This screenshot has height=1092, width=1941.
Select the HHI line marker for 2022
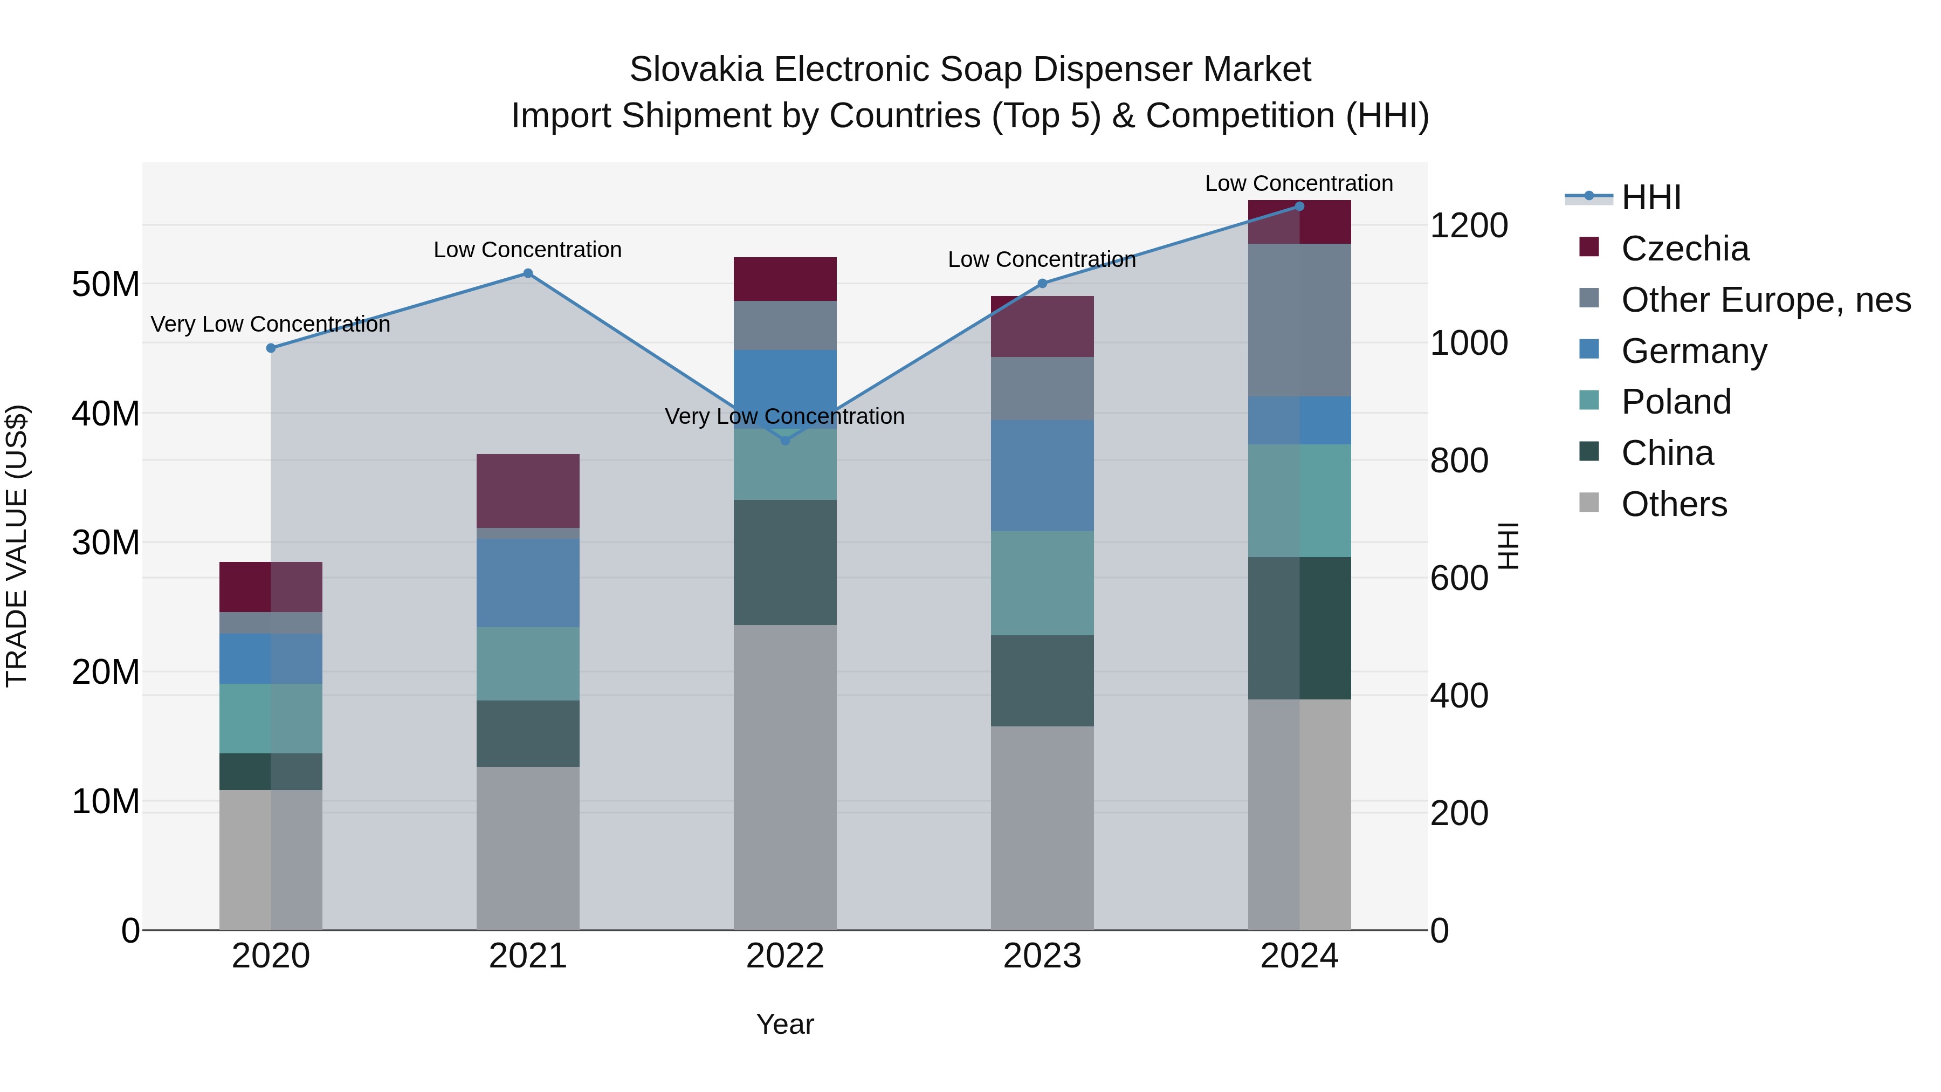(785, 440)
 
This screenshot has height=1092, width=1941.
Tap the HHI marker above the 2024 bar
(1299, 207)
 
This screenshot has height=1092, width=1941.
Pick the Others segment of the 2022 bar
(785, 776)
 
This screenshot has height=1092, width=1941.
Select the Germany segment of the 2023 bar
(1042, 476)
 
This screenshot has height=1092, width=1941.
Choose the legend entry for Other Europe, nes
(1765, 300)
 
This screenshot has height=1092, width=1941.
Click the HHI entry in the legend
(1650, 197)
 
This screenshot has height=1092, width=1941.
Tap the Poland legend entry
(1676, 402)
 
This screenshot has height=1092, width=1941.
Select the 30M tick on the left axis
(106, 542)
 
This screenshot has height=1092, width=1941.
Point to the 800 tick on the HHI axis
(1459, 461)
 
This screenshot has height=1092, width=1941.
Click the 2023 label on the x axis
(1042, 956)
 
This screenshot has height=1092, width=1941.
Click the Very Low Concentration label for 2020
(271, 324)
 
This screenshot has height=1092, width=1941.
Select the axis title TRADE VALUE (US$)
(17, 546)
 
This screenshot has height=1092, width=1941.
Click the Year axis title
(785, 1024)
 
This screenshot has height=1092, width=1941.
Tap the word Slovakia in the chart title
(696, 70)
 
